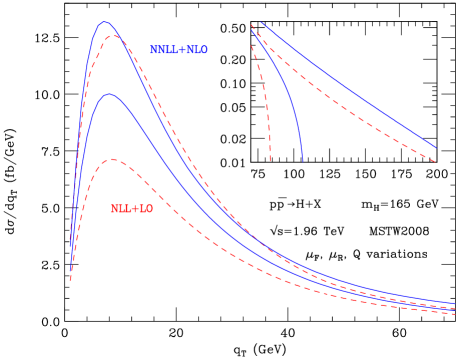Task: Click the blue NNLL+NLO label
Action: (x=179, y=50)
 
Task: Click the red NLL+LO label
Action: (x=132, y=209)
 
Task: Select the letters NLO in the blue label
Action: (x=197, y=50)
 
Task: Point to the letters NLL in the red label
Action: (x=121, y=209)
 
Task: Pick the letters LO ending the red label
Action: (x=145, y=209)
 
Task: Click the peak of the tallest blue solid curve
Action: (x=105, y=22)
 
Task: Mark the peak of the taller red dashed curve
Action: (x=113, y=36)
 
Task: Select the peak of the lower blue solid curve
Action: (x=109, y=95)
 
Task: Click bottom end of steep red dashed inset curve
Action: (x=270, y=160)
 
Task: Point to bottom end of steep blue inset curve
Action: (x=303, y=161)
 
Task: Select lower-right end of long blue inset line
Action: (x=436, y=148)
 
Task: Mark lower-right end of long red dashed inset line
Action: (x=436, y=161)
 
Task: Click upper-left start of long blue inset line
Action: (x=261, y=23)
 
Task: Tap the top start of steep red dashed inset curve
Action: (x=252, y=46)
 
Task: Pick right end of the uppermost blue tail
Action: (x=455, y=302)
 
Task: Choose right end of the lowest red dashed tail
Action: (x=455, y=313)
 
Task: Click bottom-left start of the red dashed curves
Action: (x=70, y=280)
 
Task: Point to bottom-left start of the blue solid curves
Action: (x=70, y=246)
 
